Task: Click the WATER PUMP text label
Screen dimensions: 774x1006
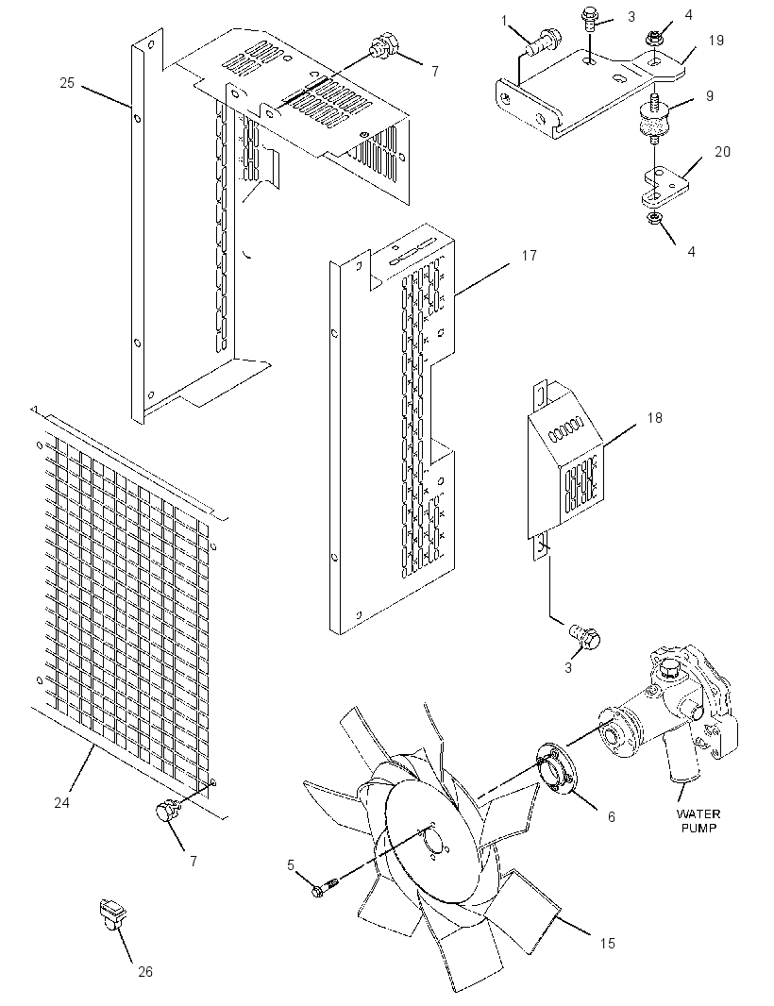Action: pos(698,821)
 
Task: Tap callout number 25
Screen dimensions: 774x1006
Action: pos(67,83)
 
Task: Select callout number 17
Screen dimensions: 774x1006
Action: pos(529,256)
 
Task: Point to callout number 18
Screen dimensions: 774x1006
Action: pos(654,418)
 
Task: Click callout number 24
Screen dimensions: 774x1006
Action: pos(61,802)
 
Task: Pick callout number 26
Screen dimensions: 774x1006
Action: pos(145,971)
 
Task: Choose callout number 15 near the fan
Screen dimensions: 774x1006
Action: pos(607,943)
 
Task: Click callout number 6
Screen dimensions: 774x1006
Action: pos(611,816)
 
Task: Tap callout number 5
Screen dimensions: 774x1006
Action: pos(291,865)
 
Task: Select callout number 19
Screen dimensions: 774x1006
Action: pos(716,41)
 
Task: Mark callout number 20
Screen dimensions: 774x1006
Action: pos(723,151)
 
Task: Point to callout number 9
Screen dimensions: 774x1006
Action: pos(709,95)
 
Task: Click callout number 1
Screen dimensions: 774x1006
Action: pos(504,21)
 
